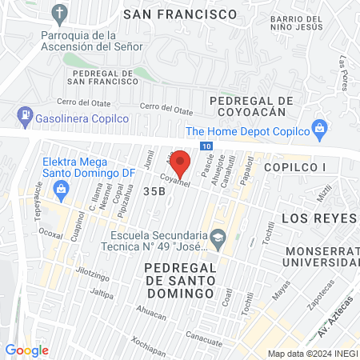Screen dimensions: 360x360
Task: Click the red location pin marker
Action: tap(181, 164)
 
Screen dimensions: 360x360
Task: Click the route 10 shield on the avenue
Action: tap(207, 146)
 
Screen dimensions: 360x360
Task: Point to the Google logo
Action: tap(26, 350)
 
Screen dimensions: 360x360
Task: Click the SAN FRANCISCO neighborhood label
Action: tap(179, 14)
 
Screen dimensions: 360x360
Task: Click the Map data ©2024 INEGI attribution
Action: tap(312, 354)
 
